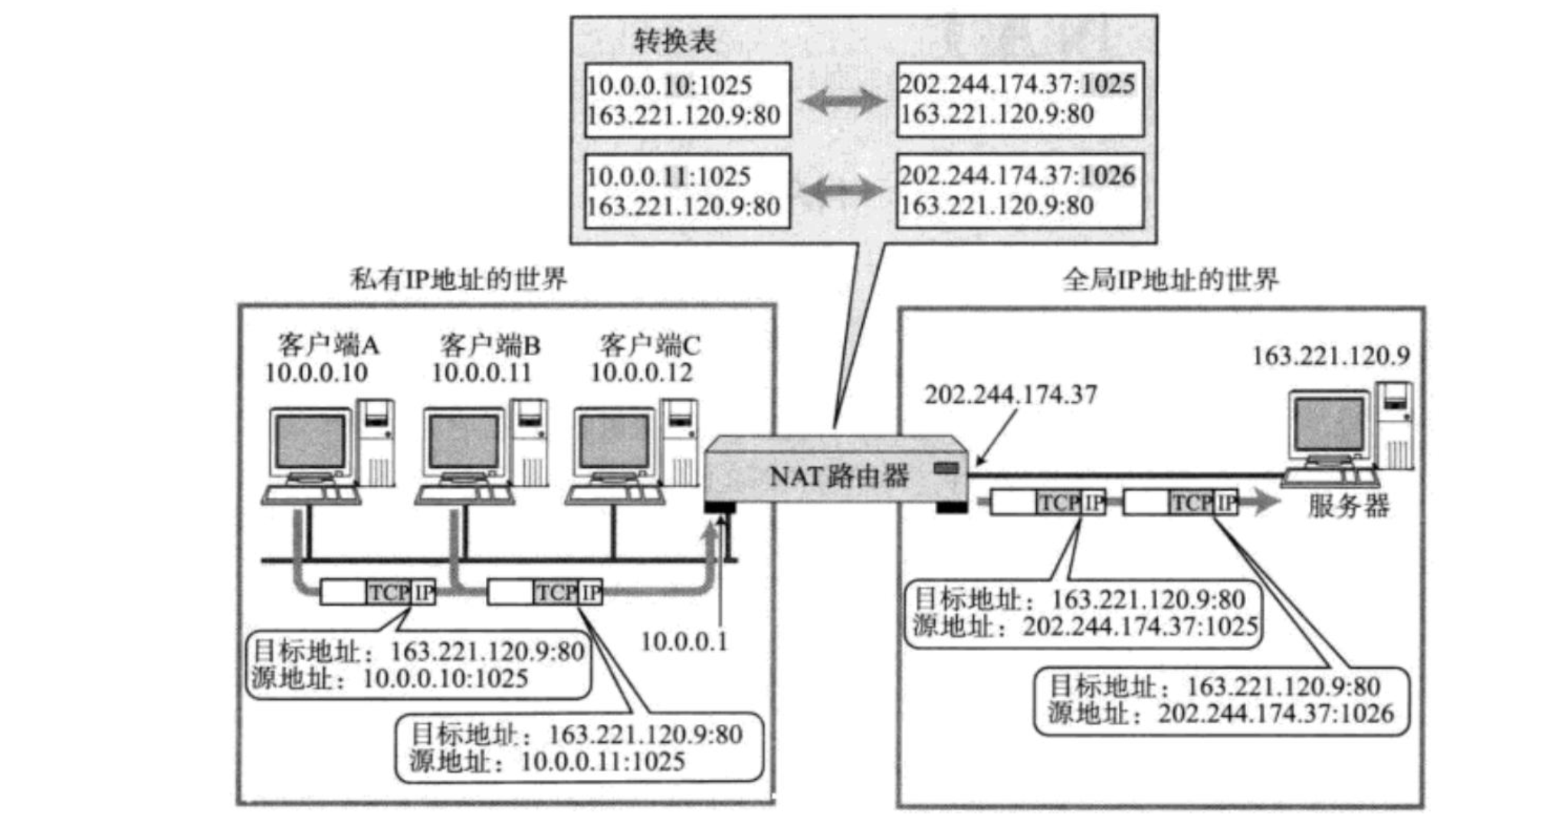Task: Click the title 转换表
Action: click(674, 41)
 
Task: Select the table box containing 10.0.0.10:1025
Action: click(687, 100)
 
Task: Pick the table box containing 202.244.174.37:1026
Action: click(1019, 191)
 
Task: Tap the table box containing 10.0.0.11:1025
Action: click(687, 191)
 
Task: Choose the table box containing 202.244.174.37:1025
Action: click(1019, 100)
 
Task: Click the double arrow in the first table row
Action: click(843, 100)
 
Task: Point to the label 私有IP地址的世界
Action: click(458, 279)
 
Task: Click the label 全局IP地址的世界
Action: click(1170, 280)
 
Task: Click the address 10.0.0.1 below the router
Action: click(684, 642)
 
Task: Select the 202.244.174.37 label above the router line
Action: click(1010, 394)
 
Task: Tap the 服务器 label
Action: click(1348, 506)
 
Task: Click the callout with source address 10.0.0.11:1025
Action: click(579, 748)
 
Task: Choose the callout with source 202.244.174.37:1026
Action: click(1221, 701)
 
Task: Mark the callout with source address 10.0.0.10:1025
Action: click(418, 665)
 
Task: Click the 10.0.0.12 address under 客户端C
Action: click(641, 373)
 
